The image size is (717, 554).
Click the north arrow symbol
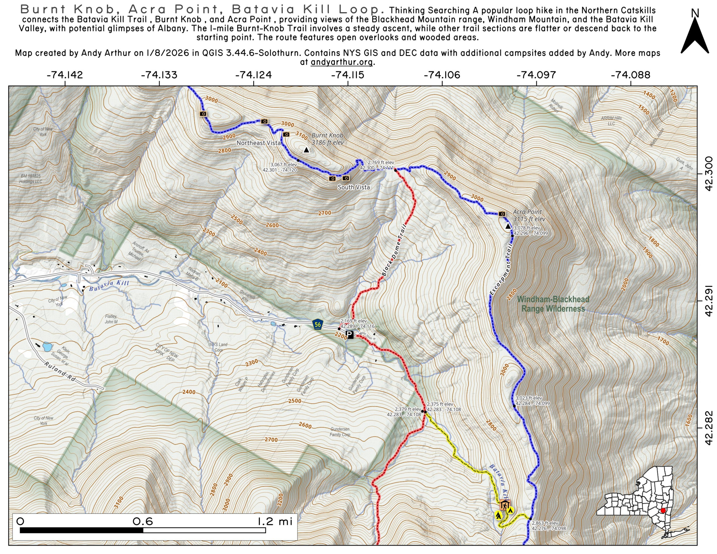(695, 36)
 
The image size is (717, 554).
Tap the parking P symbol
(350, 335)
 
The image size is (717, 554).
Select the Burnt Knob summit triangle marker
(306, 150)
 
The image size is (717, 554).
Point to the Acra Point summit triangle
(508, 226)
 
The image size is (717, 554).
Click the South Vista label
(354, 187)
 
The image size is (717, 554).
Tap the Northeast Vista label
(258, 143)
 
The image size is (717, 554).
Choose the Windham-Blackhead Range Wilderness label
(553, 304)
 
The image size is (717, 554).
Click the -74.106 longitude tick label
(442, 75)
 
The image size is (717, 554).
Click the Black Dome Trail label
(394, 250)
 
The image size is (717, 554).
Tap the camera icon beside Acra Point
(502, 214)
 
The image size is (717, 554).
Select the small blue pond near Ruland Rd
(47, 346)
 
